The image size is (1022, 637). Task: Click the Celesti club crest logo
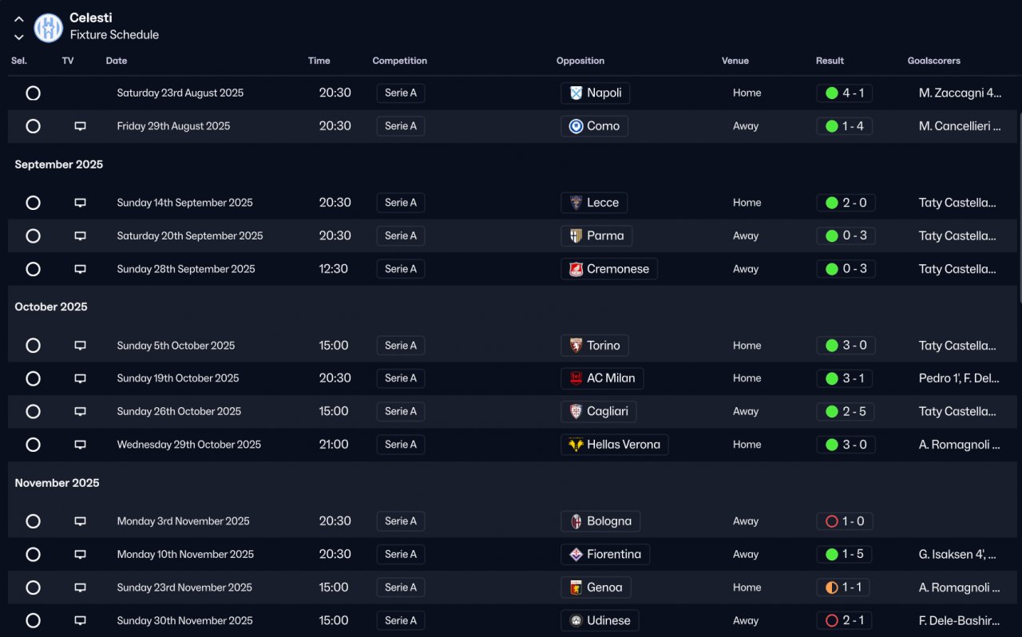click(x=49, y=27)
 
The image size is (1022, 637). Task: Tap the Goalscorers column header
click(x=933, y=61)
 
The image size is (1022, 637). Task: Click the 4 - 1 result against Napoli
click(x=845, y=93)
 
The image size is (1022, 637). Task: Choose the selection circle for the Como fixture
click(x=33, y=126)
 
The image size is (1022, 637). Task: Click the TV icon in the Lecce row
click(x=81, y=203)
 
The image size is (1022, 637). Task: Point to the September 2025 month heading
click(x=59, y=164)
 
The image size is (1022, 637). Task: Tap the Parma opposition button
click(x=596, y=236)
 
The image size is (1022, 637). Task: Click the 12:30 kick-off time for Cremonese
click(x=333, y=269)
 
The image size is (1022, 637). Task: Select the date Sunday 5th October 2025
click(x=176, y=346)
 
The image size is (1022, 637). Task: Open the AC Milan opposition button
click(x=602, y=378)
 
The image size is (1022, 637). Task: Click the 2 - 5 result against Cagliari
click(x=845, y=412)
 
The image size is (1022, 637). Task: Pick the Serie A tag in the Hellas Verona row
click(x=401, y=445)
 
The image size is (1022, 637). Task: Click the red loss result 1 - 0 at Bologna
click(x=845, y=521)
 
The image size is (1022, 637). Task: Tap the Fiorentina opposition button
click(x=605, y=555)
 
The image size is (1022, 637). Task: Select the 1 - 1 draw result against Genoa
click(x=843, y=588)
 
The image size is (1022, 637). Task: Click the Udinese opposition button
click(x=600, y=620)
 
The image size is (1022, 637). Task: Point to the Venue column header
click(x=735, y=61)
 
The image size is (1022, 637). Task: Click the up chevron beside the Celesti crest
click(x=18, y=19)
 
